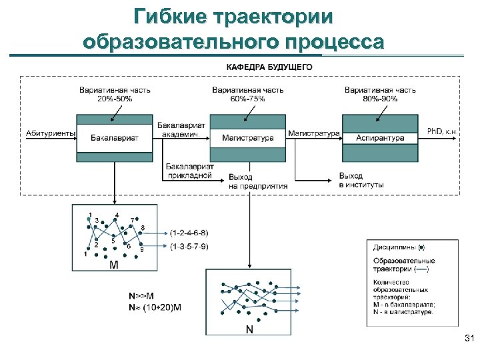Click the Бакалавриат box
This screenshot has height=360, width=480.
115,137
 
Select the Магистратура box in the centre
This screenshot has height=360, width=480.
248,138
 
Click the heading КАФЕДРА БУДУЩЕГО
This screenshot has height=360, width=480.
269,67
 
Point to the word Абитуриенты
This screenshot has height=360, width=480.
51,133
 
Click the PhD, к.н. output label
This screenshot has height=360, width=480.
442,132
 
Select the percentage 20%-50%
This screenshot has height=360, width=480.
115,99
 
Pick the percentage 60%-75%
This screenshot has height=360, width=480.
247,99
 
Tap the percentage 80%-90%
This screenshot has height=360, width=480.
381,99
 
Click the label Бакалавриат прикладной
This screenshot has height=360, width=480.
189,171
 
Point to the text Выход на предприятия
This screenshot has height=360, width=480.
257,182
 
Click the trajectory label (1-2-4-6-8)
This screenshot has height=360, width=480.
189,233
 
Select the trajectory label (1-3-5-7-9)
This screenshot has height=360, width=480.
189,247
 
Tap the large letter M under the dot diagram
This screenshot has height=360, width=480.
113,265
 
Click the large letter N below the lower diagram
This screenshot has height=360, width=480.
249,329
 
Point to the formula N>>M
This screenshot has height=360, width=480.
141,296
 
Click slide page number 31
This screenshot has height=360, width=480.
468,340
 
